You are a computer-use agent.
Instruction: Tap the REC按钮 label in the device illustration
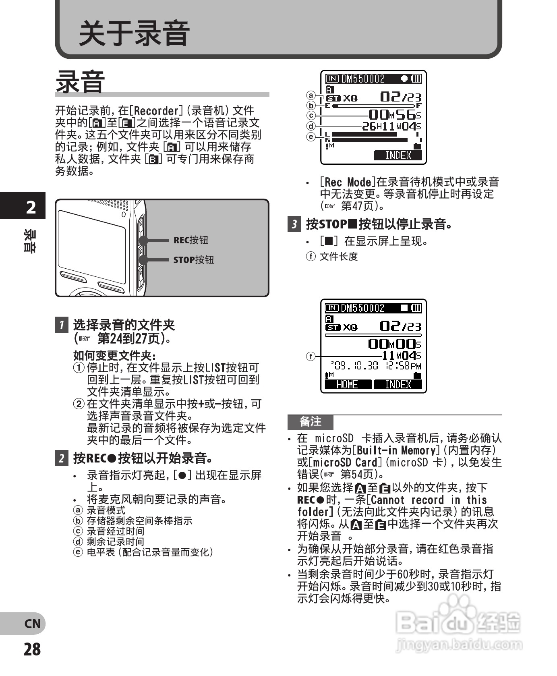190,240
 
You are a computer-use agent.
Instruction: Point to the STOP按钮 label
193,260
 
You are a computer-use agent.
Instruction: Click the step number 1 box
61,325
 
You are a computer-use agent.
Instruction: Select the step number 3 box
294,224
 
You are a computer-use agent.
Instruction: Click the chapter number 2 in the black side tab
31,207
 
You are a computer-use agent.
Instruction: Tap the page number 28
32,649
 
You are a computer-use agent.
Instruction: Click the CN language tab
32,624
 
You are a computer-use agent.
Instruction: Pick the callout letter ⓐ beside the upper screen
311,95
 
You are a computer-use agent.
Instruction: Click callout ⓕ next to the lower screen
311,356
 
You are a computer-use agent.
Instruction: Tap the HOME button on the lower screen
347,384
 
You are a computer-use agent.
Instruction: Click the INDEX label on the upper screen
398,155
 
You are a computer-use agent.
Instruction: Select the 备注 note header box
310,422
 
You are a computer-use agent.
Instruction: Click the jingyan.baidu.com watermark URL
459,645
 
